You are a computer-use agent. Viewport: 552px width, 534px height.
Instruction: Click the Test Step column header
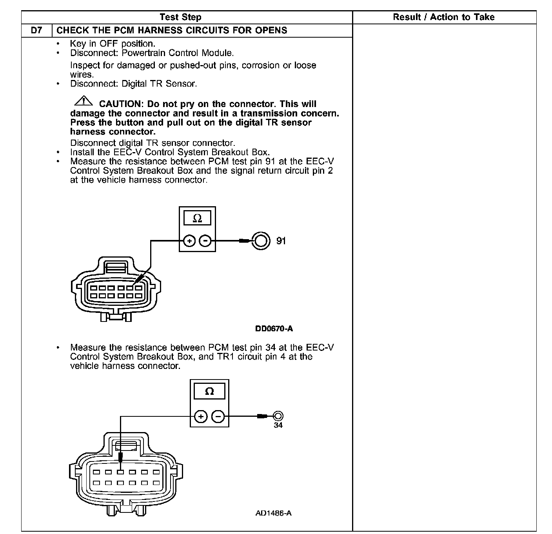(x=180, y=17)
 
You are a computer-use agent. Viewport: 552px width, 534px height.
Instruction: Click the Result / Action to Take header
(x=443, y=17)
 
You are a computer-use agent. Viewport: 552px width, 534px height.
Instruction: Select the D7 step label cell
(x=36, y=30)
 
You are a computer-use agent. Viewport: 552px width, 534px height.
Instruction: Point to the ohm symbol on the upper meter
(x=197, y=218)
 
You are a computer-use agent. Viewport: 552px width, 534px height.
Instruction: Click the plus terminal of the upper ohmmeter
(x=189, y=241)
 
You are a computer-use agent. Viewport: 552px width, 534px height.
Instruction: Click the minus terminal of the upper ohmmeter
(x=205, y=241)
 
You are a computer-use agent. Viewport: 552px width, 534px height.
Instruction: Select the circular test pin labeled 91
(x=261, y=240)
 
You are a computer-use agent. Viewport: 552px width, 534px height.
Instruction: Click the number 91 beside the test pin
(x=281, y=241)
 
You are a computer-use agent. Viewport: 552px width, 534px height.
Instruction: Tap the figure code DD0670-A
(x=274, y=329)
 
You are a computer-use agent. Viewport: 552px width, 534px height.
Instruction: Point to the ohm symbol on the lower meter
(x=209, y=391)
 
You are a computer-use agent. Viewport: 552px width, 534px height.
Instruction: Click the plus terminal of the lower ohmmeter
(x=200, y=416)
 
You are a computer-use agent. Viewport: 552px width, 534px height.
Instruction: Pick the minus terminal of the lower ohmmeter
(x=218, y=416)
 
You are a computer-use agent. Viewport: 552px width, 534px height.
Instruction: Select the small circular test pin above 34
(x=278, y=416)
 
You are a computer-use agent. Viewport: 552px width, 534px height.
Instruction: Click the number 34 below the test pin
(x=278, y=425)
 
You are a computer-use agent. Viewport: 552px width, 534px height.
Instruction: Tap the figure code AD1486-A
(x=273, y=513)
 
